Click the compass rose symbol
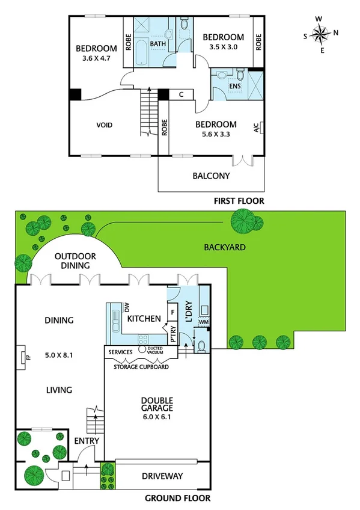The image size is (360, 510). pyautogui.click(x=323, y=35)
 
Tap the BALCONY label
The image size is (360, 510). pyautogui.click(x=211, y=176)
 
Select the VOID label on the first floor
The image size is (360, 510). pyautogui.click(x=105, y=125)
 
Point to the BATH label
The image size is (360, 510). pyautogui.click(x=157, y=45)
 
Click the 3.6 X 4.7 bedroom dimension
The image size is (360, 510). pyautogui.click(x=95, y=59)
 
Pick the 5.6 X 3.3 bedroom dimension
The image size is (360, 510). pyautogui.click(x=216, y=134)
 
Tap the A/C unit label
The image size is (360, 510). pyautogui.click(x=256, y=127)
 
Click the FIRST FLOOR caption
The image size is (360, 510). pyautogui.click(x=239, y=201)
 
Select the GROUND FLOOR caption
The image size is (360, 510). pyautogui.click(x=177, y=498)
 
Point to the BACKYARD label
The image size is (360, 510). pyautogui.click(x=224, y=247)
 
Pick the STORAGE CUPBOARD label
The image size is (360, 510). pyautogui.click(x=141, y=366)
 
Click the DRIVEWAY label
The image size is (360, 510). pyautogui.click(x=162, y=476)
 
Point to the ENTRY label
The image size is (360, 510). pyautogui.click(x=86, y=441)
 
